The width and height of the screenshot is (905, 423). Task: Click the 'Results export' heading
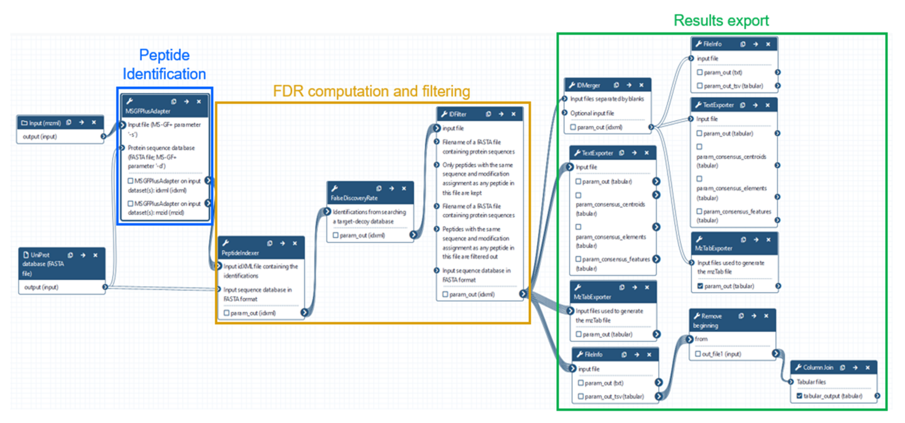pos(721,20)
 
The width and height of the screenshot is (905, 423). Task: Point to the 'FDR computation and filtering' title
pos(371,91)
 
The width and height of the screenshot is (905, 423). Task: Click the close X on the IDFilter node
pos(513,114)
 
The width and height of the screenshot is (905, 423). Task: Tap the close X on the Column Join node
pos(867,367)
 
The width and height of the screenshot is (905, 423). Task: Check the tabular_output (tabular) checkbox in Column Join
pos(799,396)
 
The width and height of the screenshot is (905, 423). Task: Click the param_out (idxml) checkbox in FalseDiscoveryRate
pos(335,235)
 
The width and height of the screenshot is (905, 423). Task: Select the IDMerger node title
pos(588,85)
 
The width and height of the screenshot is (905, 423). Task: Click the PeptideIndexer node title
pos(240,253)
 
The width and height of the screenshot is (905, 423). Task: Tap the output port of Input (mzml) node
pos(103,136)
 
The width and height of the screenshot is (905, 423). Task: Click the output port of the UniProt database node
pos(105,287)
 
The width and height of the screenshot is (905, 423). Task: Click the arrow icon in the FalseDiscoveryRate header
pos(391,189)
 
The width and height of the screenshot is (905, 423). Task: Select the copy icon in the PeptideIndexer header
pos(270,243)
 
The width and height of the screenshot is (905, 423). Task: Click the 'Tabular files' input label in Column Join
pos(811,382)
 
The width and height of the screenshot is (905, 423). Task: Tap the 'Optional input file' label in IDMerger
pos(592,113)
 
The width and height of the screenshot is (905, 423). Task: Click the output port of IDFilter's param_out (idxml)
pos(523,294)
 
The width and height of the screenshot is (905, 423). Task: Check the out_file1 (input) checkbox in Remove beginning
pos(698,354)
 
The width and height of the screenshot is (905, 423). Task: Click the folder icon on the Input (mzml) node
pos(24,123)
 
